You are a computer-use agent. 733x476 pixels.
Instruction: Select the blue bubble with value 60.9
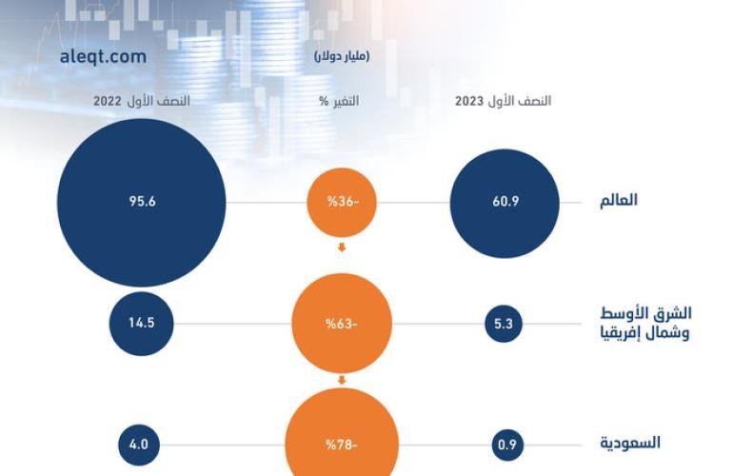pyautogui.click(x=504, y=203)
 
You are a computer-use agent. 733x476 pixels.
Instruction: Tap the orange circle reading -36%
pyautogui.click(x=341, y=203)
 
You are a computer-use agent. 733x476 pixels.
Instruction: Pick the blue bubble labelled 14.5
pyautogui.click(x=143, y=323)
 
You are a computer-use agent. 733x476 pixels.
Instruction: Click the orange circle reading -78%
pyautogui.click(x=341, y=445)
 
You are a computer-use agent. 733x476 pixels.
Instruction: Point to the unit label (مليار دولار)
pyautogui.click(x=342, y=57)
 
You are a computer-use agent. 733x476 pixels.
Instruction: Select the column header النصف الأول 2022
pyautogui.click(x=141, y=101)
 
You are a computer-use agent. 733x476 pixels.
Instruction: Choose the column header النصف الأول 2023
pyautogui.click(x=505, y=101)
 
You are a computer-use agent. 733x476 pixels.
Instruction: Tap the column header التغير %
pyautogui.click(x=342, y=101)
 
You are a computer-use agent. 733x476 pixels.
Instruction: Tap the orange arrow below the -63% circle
pyautogui.click(x=341, y=382)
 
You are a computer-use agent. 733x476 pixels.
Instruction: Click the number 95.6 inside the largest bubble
pyautogui.click(x=142, y=203)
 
